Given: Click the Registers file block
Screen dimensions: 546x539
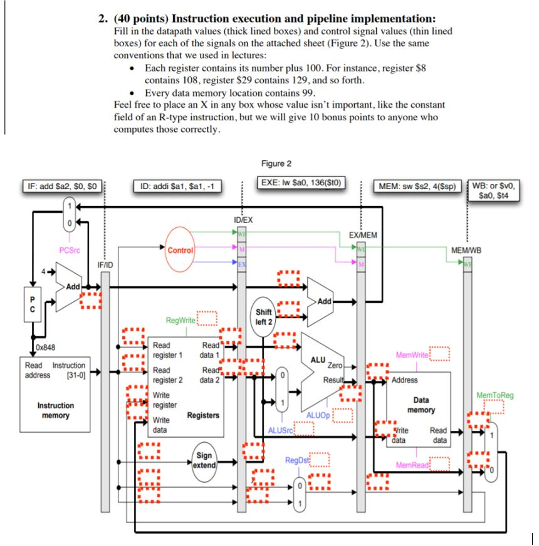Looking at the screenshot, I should pos(186,388).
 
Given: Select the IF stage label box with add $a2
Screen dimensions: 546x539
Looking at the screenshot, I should pos(60,186).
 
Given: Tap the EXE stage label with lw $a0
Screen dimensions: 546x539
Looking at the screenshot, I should pos(300,183).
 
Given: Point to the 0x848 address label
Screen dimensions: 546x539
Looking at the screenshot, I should pos(45,348).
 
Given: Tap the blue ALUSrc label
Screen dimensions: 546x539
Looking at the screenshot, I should pos(280,430).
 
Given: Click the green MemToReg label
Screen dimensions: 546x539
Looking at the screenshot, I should pos(493,395).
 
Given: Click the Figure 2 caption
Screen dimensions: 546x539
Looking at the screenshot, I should pos(276,164).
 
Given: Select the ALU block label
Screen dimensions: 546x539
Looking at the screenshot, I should pos(319,359).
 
